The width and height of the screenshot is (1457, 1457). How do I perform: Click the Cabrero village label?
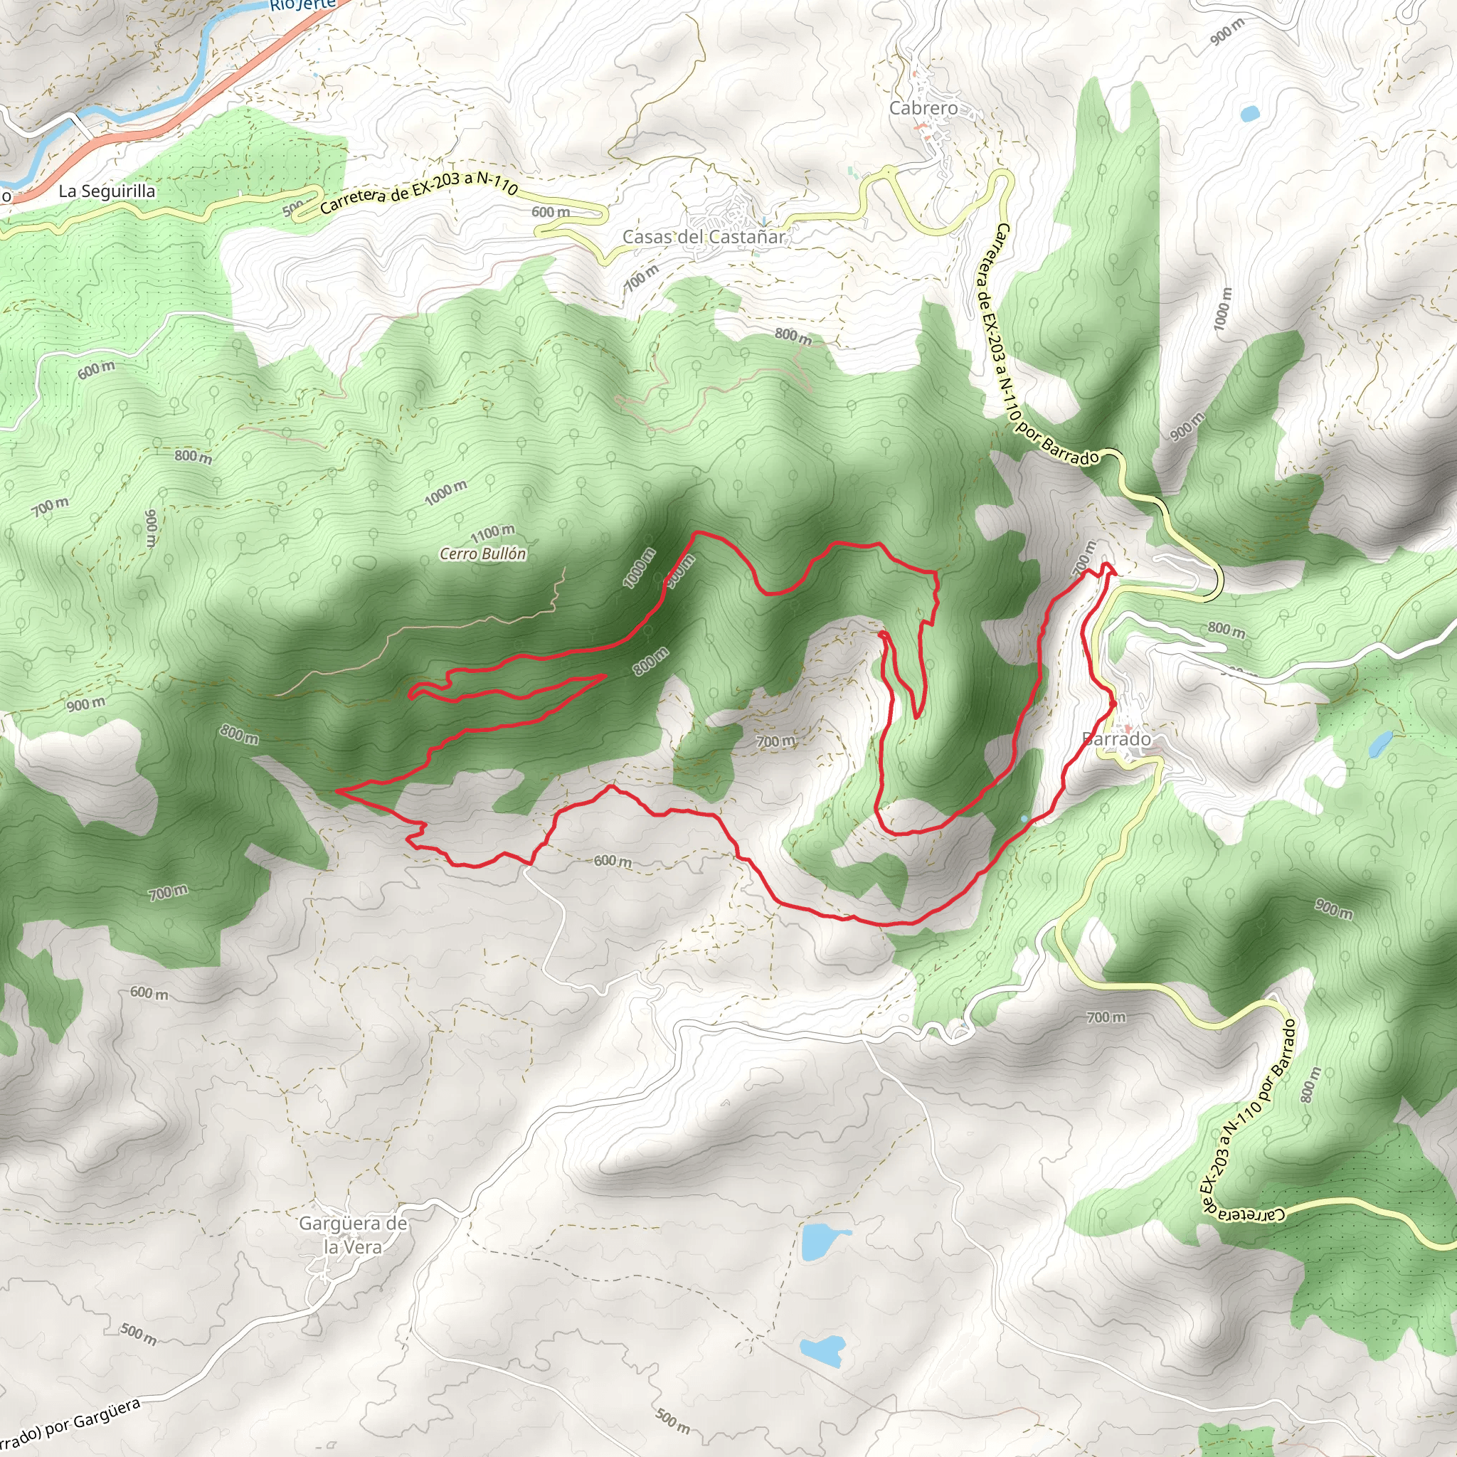tap(923, 109)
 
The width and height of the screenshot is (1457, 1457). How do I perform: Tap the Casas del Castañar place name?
tap(703, 237)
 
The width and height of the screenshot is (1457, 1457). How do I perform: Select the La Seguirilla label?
tap(107, 191)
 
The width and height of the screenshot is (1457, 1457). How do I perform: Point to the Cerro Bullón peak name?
tap(482, 553)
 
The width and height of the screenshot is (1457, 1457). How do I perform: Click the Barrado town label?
tap(1116, 739)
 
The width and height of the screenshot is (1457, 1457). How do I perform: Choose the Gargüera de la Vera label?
tap(353, 1235)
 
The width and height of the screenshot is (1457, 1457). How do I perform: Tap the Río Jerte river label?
tap(302, 4)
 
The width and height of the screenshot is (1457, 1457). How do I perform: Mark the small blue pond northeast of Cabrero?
tap(1249, 115)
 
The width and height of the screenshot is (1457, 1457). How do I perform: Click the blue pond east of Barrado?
tap(1381, 743)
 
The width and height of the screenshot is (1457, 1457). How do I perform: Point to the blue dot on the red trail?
tap(1023, 818)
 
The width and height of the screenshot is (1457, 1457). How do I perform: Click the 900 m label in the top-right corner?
tap(1228, 32)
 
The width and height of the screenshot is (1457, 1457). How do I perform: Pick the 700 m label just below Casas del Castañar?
tap(642, 278)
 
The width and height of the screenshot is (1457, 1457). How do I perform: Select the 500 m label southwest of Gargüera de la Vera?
tap(139, 1333)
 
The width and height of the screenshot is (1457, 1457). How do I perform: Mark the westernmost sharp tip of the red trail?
tap(337, 790)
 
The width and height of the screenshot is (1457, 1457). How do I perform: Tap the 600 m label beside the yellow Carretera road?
tap(551, 213)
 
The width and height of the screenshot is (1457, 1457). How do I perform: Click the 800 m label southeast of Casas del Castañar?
tap(793, 337)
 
